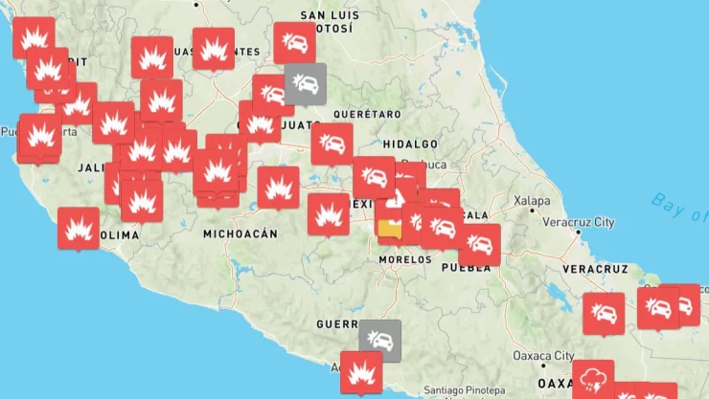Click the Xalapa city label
point(532,201)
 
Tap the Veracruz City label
point(579,222)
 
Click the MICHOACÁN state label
point(240,233)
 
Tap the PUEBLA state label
point(469,268)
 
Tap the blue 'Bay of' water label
point(676,203)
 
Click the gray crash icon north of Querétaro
point(306,83)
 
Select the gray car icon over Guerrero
point(380,339)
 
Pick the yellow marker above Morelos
point(390,230)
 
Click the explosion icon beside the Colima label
point(79,228)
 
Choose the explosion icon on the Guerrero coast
point(361,370)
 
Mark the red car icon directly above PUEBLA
point(479,244)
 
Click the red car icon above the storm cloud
point(604,312)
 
